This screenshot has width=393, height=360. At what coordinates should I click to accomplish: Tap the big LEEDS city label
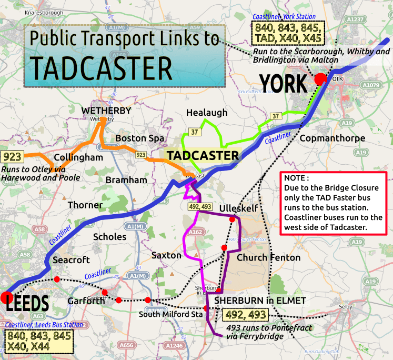pyautogui.click(x=27, y=304)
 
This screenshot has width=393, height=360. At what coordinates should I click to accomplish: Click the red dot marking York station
pyautogui.click(x=320, y=79)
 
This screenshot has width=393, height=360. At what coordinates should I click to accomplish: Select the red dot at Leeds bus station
pyautogui.click(x=6, y=296)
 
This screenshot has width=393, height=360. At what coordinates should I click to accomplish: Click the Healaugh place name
pyautogui.click(x=207, y=113)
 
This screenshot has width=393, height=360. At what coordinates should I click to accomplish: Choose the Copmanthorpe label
pyautogui.click(x=325, y=138)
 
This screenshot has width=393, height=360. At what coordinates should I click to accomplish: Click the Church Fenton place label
pyautogui.click(x=268, y=257)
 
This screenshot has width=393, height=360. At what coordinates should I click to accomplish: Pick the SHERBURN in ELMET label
pyautogui.click(x=260, y=301)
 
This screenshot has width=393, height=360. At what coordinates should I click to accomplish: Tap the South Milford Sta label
pyautogui.click(x=170, y=315)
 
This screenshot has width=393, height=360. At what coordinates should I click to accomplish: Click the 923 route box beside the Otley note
pyautogui.click(x=11, y=157)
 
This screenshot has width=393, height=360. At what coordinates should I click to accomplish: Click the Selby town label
pyautogui.click(x=345, y=306)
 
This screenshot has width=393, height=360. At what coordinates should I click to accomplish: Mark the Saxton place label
pyautogui.click(x=166, y=255)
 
